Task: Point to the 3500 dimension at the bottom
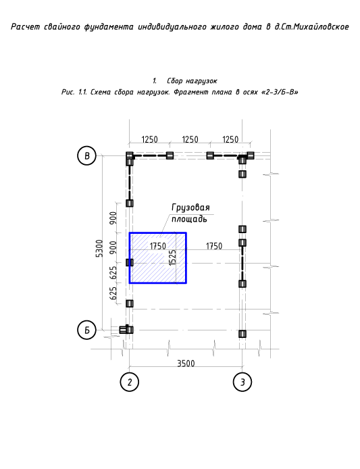click(186, 364)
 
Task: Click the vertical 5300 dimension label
click(99, 248)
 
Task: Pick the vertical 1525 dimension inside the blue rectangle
click(172, 258)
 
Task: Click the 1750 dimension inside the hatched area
click(157, 246)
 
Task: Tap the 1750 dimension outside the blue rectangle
click(214, 246)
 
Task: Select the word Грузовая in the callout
click(190, 207)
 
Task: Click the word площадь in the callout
click(189, 219)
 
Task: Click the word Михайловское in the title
click(320, 27)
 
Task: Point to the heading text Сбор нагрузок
click(192, 81)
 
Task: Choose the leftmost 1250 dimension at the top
click(149, 139)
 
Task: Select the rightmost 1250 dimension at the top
click(230, 139)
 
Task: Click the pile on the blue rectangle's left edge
click(130, 263)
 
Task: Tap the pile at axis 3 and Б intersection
click(242, 334)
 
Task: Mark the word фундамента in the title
click(109, 27)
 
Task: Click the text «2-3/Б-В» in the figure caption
click(280, 92)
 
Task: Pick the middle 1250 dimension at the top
click(190, 139)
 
